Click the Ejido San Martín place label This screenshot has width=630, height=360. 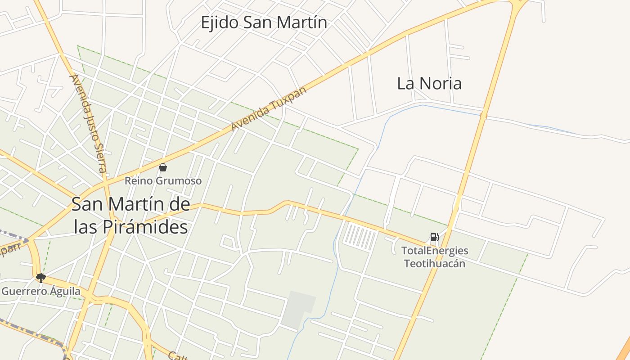coord(264,22)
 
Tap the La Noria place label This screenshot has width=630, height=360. coord(429,83)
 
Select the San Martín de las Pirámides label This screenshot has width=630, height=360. coord(130,216)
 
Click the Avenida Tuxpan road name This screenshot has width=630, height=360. coord(269,108)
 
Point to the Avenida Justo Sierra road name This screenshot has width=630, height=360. coord(88,123)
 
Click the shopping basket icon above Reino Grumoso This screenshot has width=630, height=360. coord(163,168)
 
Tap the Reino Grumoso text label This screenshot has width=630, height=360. coord(163,181)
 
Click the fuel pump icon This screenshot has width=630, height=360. coord(434,237)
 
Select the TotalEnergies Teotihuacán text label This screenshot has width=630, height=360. coord(435,257)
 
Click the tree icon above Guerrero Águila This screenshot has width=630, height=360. coord(41,278)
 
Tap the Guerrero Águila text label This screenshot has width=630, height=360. coord(41,291)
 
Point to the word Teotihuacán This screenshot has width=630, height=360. coord(435,264)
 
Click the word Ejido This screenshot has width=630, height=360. coord(219,22)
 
